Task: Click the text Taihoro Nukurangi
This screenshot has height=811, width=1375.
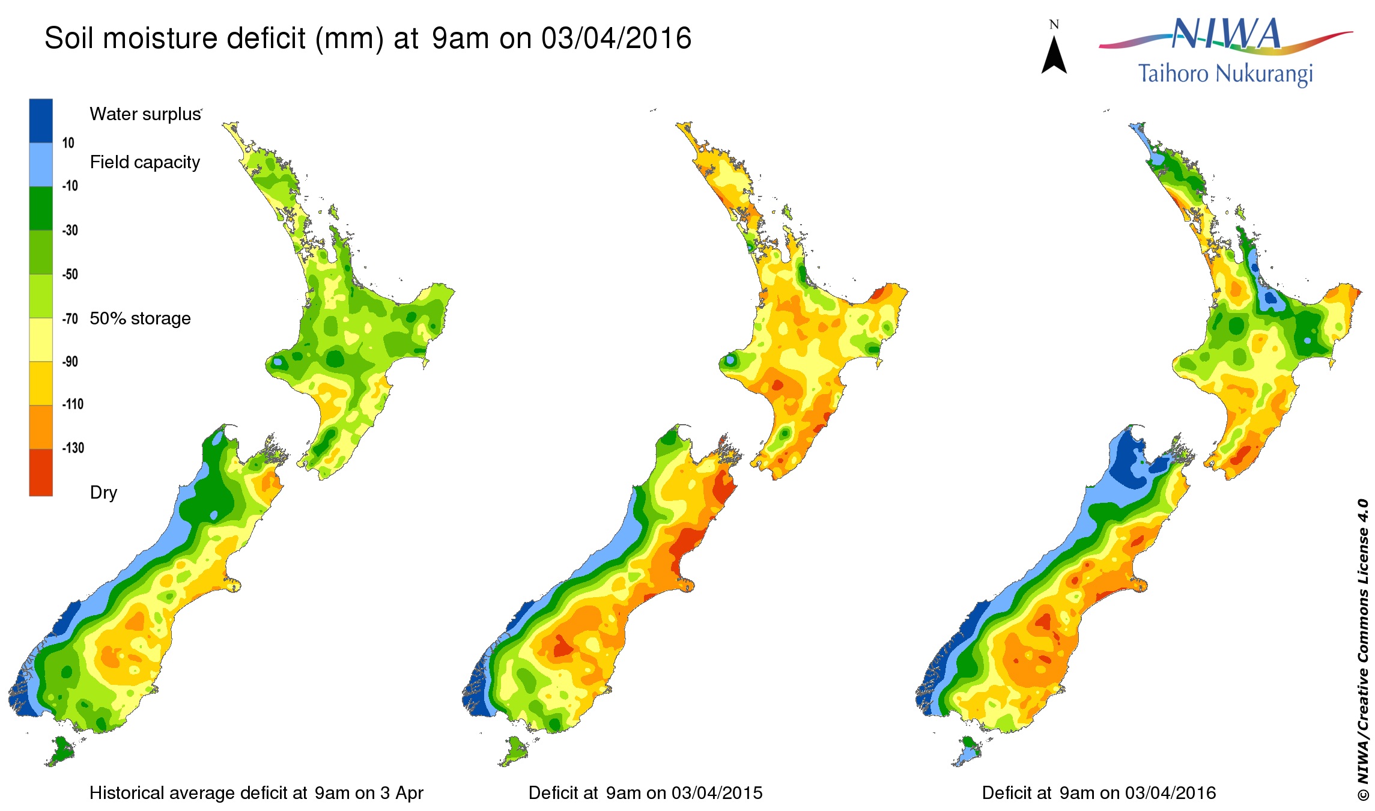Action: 1225,74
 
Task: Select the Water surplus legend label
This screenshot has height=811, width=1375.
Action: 145,114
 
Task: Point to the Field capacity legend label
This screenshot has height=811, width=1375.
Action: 145,162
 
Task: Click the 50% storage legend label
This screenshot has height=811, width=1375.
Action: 140,318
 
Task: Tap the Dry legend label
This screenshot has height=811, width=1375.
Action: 103,493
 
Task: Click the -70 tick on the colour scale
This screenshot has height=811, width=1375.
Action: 70,318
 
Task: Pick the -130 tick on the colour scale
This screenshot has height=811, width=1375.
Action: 73,448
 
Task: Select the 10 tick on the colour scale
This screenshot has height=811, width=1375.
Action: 68,143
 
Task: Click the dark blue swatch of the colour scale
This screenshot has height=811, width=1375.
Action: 41,120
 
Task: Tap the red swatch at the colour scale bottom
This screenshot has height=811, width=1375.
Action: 41,473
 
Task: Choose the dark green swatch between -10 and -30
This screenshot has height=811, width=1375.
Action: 41,208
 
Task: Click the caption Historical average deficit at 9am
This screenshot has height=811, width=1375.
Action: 256,793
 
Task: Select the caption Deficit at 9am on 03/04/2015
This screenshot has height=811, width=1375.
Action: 645,793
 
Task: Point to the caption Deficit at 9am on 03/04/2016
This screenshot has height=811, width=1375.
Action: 1099,793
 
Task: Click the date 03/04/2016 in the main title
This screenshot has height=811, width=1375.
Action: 616,38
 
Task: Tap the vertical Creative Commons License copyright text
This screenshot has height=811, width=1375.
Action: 1362,649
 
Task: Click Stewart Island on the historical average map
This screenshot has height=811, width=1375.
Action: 60,751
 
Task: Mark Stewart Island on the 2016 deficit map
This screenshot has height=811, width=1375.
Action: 968,751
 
